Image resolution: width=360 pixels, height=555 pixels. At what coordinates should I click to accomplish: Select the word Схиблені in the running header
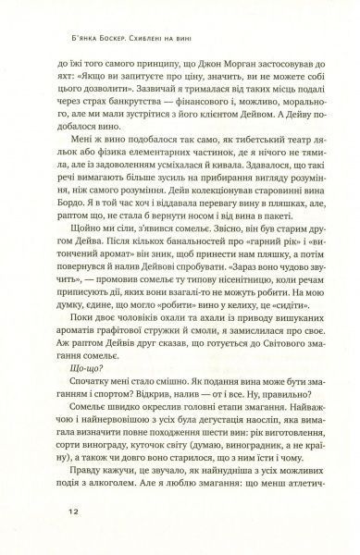(x=193, y=26)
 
